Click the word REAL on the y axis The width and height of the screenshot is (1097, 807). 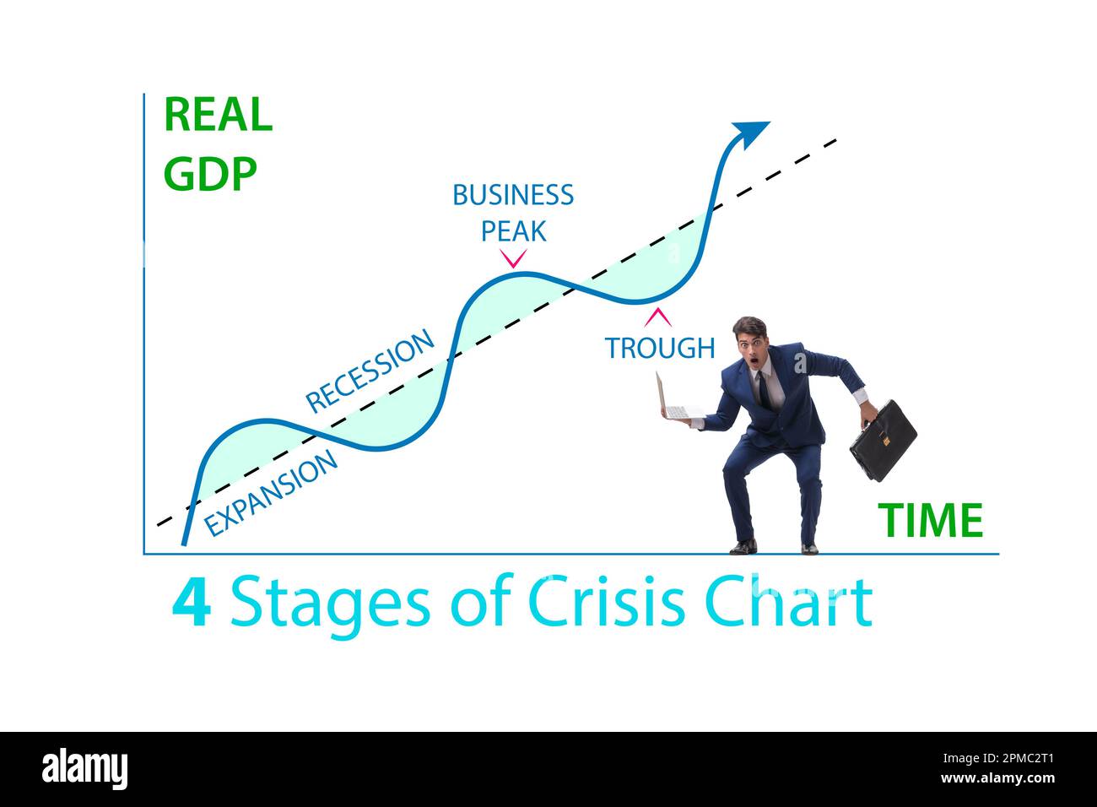[218, 115]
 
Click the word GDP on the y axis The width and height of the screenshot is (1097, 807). [210, 174]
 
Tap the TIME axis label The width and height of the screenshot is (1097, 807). [930, 520]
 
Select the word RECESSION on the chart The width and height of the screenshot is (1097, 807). [370, 371]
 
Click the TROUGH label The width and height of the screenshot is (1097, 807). [659, 347]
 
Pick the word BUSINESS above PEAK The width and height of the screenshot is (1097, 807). [513, 195]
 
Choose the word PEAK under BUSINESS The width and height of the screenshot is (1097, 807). [513, 230]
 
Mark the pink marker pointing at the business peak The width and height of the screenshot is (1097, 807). [513, 258]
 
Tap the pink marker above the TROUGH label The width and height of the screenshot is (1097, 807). [658, 317]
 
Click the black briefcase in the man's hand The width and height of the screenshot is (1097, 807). [883, 441]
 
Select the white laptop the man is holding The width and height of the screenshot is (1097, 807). [673, 401]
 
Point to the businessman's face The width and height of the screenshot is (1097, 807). [750, 345]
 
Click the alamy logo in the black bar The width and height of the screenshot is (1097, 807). [85, 769]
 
